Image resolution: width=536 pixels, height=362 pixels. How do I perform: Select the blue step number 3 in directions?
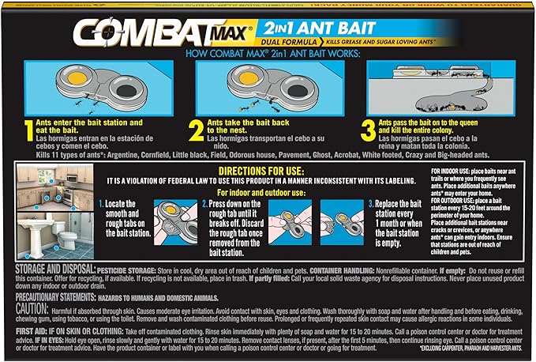pyautogui.click(x=371, y=204)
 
